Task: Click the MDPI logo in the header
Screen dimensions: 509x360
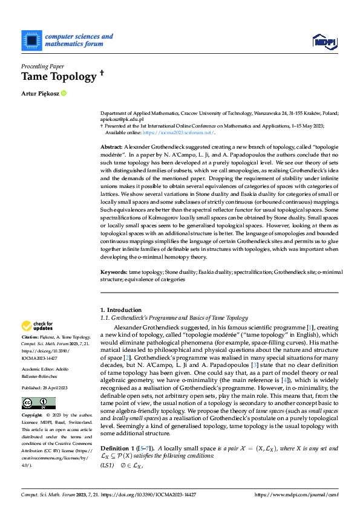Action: click(324, 41)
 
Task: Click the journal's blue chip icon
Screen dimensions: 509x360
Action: click(31, 40)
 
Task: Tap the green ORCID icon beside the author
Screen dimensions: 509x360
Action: click(64, 93)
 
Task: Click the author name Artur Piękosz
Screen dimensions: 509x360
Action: click(39, 93)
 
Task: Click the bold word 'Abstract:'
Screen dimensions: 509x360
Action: click(112, 147)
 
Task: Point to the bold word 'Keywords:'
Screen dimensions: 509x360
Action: click(114, 273)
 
